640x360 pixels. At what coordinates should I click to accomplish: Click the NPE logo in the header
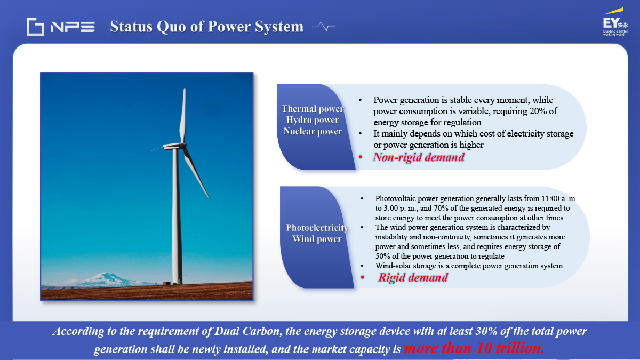coord(61,27)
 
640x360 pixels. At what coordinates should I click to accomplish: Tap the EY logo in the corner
coord(615,22)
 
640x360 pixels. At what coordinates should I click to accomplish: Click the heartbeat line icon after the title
coord(324,26)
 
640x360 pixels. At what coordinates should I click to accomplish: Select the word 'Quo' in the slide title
coord(172,27)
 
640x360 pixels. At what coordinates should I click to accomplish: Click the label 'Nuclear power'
coord(313,131)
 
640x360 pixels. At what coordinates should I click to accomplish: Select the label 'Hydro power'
coord(313,121)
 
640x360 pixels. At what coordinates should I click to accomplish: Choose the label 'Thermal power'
coord(313,109)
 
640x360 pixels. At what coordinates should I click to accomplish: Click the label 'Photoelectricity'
coord(317,228)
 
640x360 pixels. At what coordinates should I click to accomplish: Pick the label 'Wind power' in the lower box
coord(317,239)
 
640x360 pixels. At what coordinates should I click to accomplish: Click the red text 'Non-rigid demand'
coord(419,157)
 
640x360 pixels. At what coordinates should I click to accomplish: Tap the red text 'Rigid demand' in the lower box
coord(413,277)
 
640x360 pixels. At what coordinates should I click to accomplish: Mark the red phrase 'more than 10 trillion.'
coord(474,348)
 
